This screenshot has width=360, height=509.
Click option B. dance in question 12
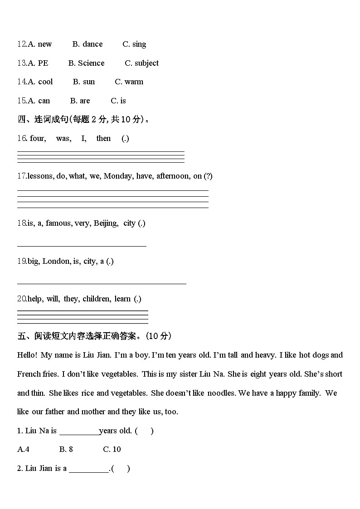point(88,44)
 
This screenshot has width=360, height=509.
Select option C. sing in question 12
point(134,44)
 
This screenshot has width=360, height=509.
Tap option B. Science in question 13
point(86,63)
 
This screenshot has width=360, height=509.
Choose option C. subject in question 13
point(141,63)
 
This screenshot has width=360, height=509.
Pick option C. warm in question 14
point(129,82)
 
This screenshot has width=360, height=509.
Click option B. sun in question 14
point(84,82)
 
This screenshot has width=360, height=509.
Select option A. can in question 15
point(39,101)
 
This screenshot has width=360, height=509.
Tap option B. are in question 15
point(80,101)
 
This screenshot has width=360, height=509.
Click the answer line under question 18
point(82,246)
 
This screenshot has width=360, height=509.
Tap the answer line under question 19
point(102,284)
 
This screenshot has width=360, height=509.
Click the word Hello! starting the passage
point(27,355)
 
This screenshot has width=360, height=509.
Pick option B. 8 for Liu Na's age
point(66,449)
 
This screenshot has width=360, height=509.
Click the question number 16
point(22,138)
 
